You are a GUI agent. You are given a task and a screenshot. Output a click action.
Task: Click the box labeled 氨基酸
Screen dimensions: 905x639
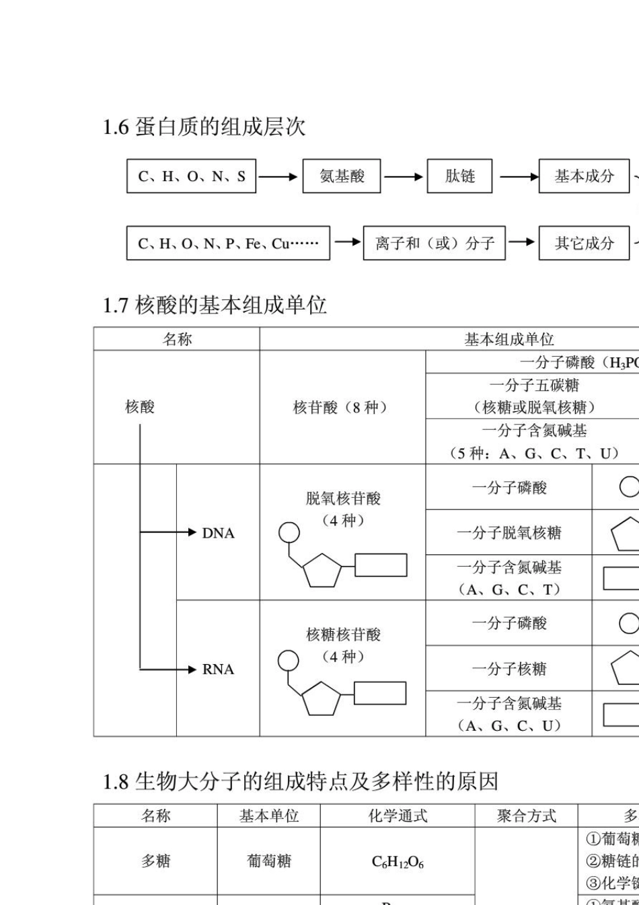coord(342,176)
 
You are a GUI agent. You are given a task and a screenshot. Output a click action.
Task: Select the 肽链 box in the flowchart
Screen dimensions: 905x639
coord(459,176)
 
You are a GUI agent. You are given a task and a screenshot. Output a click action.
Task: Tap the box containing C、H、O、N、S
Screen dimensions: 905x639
coord(192,176)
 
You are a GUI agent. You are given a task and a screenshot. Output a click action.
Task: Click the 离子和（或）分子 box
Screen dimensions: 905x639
coord(435,243)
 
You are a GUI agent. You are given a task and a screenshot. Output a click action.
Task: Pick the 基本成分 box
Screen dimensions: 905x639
coord(584,176)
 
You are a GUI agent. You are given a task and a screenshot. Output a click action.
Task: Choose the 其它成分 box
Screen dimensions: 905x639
coord(584,243)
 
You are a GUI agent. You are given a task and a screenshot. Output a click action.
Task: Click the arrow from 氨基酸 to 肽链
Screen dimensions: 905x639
coord(404,177)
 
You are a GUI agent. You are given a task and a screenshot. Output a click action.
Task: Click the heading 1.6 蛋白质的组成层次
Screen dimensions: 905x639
coord(204,126)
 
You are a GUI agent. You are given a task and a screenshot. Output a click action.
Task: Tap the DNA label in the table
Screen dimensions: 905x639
coord(218,534)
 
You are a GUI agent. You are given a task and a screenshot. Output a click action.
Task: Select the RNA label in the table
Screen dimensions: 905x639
coord(218,669)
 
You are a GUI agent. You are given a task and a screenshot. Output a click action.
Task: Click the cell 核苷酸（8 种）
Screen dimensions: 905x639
coord(342,407)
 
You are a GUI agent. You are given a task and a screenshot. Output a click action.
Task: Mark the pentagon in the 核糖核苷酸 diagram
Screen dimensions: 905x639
coord(322,700)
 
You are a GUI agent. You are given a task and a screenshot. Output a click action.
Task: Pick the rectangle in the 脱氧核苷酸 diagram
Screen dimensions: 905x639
coord(381,565)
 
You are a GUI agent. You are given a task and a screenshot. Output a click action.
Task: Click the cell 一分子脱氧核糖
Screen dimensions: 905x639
coord(509,533)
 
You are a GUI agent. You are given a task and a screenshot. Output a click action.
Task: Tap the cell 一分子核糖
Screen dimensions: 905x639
coord(509,669)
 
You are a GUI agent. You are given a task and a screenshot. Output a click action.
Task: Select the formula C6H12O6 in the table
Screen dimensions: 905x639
coord(398,862)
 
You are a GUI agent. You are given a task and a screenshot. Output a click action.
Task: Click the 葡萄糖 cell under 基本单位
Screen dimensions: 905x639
coord(269,861)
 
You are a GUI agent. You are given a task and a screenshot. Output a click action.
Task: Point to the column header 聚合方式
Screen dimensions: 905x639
coord(526,816)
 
